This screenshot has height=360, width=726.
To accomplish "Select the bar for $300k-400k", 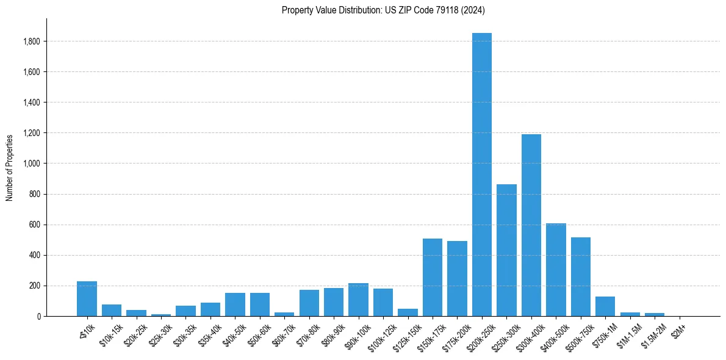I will (x=531, y=225).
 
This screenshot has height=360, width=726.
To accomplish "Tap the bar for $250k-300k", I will (x=506, y=250).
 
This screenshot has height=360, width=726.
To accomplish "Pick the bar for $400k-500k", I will (x=556, y=270).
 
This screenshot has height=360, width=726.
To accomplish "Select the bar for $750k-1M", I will (x=605, y=306).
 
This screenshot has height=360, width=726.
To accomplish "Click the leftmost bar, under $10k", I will (x=87, y=299).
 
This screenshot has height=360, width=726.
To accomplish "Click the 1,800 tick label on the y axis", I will (x=32, y=41).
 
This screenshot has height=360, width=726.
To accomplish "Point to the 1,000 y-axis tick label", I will (x=32, y=164).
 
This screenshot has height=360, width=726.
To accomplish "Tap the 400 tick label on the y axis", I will (x=35, y=255).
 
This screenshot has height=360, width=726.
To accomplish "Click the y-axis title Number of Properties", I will (x=10, y=167).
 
